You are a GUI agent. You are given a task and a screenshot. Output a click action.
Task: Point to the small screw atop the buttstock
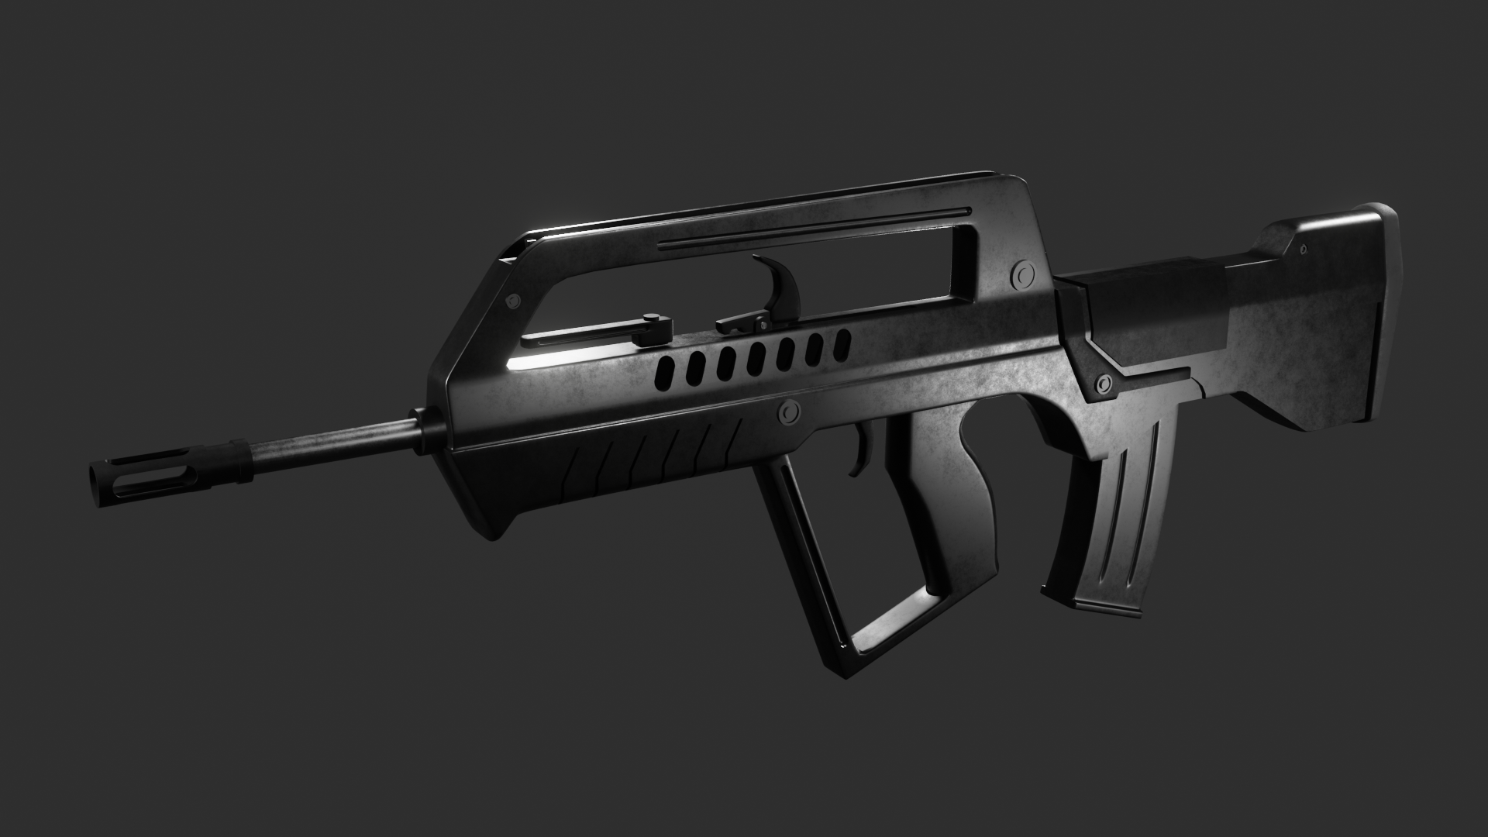coord(1302,249)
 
